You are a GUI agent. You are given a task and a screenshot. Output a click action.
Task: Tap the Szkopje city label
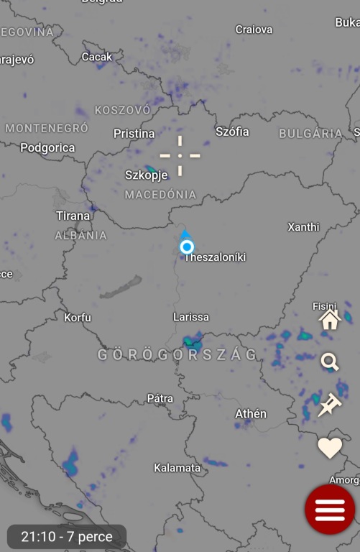click(147, 175)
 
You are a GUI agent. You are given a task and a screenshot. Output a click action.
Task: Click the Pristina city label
click(134, 134)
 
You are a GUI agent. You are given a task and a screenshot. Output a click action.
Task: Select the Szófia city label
click(232, 132)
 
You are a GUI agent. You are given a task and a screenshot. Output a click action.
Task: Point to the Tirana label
click(73, 216)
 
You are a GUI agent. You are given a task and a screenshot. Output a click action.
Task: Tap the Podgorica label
click(47, 148)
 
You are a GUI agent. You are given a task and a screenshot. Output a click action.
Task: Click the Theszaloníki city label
click(215, 257)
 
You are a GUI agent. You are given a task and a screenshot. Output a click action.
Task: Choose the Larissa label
click(191, 317)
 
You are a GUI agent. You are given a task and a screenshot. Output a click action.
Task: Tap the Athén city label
click(251, 414)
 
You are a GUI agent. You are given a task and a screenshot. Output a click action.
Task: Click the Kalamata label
click(177, 468)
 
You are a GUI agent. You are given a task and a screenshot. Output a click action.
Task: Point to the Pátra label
click(160, 398)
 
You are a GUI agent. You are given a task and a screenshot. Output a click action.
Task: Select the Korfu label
click(78, 317)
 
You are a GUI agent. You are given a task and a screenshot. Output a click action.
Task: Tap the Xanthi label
click(303, 227)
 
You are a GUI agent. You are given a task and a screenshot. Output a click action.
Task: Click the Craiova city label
click(254, 29)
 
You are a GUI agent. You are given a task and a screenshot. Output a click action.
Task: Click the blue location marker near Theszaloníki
click(187, 247)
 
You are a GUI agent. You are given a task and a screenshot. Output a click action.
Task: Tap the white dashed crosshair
click(180, 155)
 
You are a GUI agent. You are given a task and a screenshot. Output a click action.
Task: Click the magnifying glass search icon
click(330, 362)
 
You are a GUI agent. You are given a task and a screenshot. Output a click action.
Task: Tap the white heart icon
click(330, 448)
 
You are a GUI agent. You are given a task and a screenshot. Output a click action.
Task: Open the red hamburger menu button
click(330, 509)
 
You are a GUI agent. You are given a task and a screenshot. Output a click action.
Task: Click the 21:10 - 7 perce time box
click(67, 537)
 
